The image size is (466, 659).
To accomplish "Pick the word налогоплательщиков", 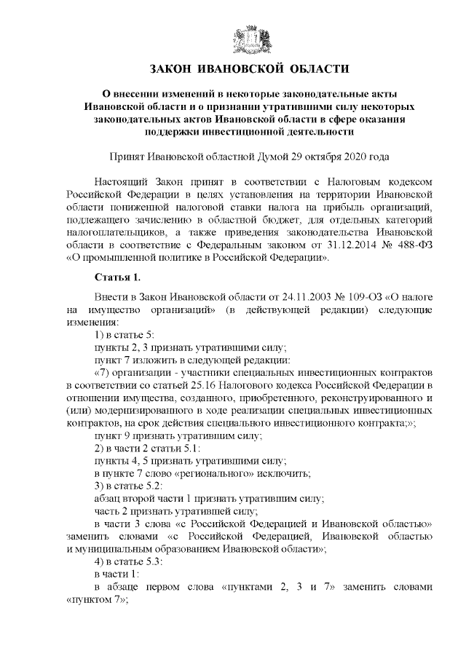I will (x=108, y=232).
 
